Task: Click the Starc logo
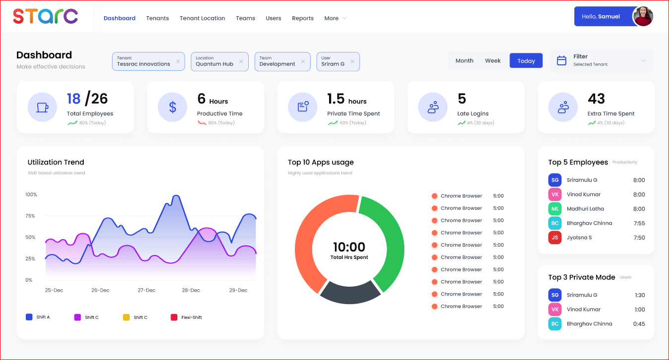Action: point(45,16)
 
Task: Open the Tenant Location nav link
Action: point(202,18)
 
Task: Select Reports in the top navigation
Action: point(303,18)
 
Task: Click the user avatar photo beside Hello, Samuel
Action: point(643,16)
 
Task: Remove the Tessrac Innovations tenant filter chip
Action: point(178,61)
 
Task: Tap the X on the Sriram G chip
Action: point(352,61)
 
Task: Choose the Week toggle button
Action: point(493,60)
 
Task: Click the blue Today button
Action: point(526,61)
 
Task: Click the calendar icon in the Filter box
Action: point(561,60)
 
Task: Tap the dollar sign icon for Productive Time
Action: point(172,107)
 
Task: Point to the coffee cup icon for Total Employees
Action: point(42,107)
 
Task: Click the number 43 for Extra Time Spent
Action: point(596,99)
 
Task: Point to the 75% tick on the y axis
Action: point(31,216)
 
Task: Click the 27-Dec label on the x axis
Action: point(147,290)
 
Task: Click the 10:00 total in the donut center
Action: point(349,247)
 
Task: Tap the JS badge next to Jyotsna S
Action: point(555,238)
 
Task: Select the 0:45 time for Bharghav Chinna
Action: point(639,324)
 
